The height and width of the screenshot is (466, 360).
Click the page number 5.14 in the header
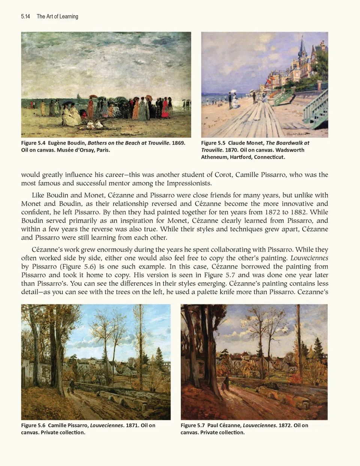pyautogui.click(x=25, y=17)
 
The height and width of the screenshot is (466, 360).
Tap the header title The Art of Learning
pyautogui.click(x=57, y=17)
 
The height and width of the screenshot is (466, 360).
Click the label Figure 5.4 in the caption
pyautogui.click(x=33, y=143)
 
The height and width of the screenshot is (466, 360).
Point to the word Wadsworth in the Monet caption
pyautogui.click(x=290, y=150)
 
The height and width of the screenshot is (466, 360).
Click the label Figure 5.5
pyautogui.click(x=213, y=143)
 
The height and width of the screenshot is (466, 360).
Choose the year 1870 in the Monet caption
pyautogui.click(x=231, y=150)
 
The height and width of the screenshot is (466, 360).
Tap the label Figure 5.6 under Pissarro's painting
pyautogui.click(x=33, y=425)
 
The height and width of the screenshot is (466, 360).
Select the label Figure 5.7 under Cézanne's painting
pyautogui.click(x=193, y=425)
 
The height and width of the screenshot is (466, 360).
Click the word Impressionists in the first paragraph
pyautogui.click(x=189, y=183)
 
